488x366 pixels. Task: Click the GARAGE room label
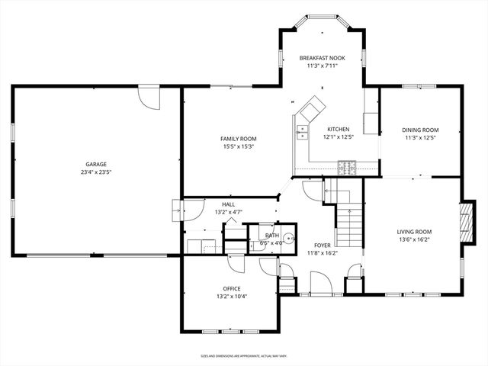pyautogui.click(x=95, y=164)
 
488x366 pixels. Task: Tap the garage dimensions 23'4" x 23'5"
pyautogui.click(x=95, y=172)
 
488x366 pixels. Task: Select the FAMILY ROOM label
pyautogui.click(x=238, y=139)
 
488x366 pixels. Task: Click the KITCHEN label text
pyautogui.click(x=339, y=130)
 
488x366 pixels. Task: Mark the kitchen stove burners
pyautogui.click(x=347, y=164)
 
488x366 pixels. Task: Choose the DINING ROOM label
pyautogui.click(x=420, y=130)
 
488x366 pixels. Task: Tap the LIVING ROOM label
pyautogui.click(x=414, y=232)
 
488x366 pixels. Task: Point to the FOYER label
pyautogui.click(x=323, y=245)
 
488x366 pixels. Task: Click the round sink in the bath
pyautogui.click(x=289, y=239)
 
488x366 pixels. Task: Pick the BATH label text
pyautogui.click(x=272, y=236)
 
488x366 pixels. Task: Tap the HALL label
pyautogui.click(x=228, y=204)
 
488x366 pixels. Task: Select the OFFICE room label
pyautogui.click(x=233, y=288)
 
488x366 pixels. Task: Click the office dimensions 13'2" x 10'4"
pyautogui.click(x=233, y=297)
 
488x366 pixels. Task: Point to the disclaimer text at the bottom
pyautogui.click(x=243, y=355)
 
